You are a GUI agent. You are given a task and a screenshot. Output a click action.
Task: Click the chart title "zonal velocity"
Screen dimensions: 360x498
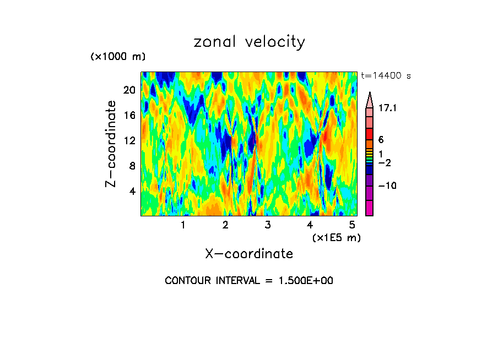click(249, 42)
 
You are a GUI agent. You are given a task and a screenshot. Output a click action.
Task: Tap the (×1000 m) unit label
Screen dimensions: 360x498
click(117, 57)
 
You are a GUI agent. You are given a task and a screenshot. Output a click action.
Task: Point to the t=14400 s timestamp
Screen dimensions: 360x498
click(386, 76)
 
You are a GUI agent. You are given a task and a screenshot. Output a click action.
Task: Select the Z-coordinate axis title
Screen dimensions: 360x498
click(112, 144)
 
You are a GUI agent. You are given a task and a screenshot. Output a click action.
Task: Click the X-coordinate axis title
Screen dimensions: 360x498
click(249, 254)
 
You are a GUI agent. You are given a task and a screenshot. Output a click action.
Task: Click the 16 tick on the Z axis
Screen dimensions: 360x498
click(129, 116)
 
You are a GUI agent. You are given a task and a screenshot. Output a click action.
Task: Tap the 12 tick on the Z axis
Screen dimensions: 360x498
click(129, 140)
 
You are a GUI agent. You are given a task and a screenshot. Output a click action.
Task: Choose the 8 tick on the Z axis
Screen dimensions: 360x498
click(132, 166)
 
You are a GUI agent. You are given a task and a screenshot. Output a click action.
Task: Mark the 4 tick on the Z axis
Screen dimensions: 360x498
click(132, 191)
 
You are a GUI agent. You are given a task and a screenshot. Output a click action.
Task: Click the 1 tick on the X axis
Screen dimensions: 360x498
click(183, 225)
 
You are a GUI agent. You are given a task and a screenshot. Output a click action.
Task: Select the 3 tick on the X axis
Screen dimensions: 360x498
click(268, 225)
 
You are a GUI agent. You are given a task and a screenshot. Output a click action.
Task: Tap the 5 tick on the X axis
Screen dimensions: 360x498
click(352, 225)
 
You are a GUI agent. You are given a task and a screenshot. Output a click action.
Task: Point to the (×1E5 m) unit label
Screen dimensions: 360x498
click(336, 237)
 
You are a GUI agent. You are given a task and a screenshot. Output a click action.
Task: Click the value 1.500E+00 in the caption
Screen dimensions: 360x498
click(302, 281)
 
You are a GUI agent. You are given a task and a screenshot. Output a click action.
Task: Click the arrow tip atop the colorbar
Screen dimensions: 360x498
click(369, 94)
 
